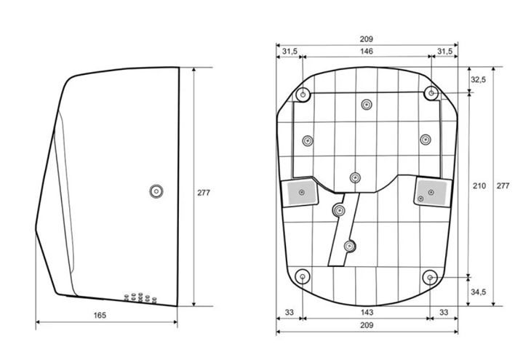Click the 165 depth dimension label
tap(100, 316)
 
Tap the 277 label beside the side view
tap(204, 193)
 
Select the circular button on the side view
tap(156, 191)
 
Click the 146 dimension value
tap(367, 51)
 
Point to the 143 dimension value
tap(367, 312)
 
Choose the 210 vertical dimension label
tap(479, 185)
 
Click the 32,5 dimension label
tap(478, 79)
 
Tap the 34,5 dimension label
tap(478, 292)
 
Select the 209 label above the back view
tap(367, 39)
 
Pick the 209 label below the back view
tap(367, 326)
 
